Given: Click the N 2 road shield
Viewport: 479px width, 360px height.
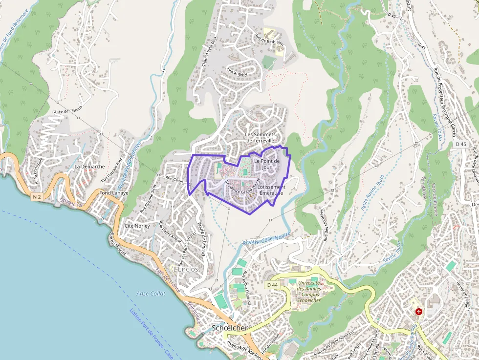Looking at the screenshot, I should tap(37, 196).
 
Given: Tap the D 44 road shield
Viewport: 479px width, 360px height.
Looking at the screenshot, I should tap(272, 284).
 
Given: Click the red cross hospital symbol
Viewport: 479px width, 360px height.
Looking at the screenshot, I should tap(418, 311).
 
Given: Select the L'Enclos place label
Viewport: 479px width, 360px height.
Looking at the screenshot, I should tap(186, 269).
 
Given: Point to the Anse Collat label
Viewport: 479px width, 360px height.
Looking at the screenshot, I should tap(151, 294).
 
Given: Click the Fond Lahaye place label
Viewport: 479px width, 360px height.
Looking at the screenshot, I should tap(113, 192).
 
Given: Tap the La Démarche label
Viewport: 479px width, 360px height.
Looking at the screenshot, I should tap(89, 167).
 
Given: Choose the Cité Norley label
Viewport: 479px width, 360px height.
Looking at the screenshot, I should tap(137, 226).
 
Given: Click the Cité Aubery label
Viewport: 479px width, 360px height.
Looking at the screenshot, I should tap(237, 72).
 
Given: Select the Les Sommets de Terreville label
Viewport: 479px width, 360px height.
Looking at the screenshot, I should tap(260, 137).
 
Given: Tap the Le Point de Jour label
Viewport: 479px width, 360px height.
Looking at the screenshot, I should tap(266, 164).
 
